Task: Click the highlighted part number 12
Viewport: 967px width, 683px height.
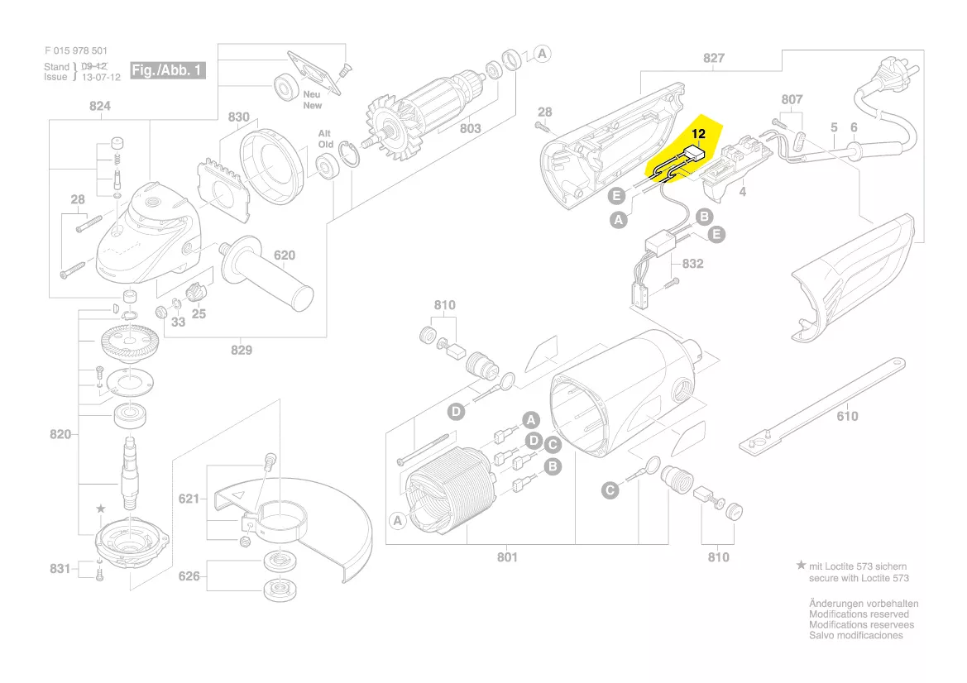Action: (x=698, y=133)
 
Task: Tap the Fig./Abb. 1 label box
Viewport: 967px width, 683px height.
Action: (x=167, y=70)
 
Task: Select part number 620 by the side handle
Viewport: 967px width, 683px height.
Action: (x=285, y=256)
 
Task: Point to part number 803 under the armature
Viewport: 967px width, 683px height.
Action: (x=470, y=128)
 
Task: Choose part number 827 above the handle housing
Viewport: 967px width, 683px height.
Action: (x=714, y=58)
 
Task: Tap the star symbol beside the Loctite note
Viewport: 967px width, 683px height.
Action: (x=800, y=566)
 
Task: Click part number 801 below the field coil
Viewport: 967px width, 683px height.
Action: (x=507, y=556)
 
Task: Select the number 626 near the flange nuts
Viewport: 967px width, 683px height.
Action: (x=189, y=576)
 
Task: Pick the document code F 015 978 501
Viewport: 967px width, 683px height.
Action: (x=76, y=50)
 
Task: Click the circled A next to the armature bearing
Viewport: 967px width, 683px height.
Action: (x=542, y=54)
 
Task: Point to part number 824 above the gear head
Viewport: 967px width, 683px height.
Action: (x=99, y=106)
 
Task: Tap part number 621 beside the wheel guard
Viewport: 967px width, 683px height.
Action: (x=189, y=499)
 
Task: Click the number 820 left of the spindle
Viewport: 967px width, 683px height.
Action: (x=60, y=434)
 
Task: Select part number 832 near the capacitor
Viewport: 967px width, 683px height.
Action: (x=692, y=264)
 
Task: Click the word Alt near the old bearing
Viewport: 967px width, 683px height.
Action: (x=325, y=133)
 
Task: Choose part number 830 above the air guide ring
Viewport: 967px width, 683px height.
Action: (x=238, y=117)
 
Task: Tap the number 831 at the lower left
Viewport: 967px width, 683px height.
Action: (x=60, y=569)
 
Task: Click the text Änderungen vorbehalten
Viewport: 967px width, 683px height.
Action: (x=863, y=604)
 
